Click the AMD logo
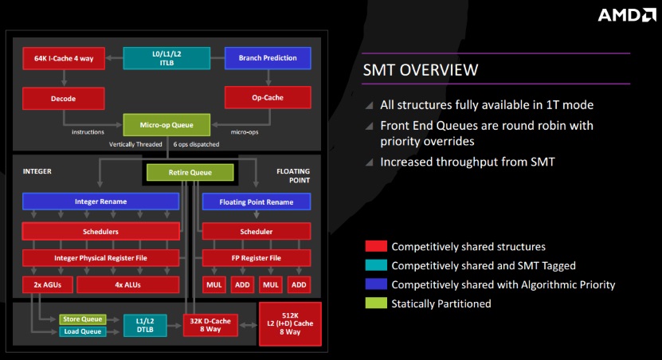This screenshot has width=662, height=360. coord(627,15)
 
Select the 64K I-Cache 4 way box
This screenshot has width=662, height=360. coord(64,58)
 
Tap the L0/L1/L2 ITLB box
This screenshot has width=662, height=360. coord(166,58)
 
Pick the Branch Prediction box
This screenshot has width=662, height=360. coord(268,58)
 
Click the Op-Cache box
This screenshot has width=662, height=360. coord(268,97)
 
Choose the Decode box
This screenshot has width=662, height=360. coord(63,99)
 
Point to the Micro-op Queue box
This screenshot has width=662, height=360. coord(166,125)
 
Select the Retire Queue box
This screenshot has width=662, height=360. coord(190,172)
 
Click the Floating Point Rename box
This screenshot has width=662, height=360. coord(257,202)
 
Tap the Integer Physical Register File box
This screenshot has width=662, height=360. coord(100,258)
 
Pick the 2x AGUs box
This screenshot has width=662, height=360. coord(48,285)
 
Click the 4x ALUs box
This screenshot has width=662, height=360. coord(128,285)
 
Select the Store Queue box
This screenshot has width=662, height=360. coord(83,319)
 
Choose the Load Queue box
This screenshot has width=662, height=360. coord(83,331)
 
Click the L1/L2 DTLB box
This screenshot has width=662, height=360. coord(145,326)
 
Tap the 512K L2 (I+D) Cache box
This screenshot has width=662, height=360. coord(290,323)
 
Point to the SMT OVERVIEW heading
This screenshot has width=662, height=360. coord(421,70)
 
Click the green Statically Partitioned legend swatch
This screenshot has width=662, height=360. coord(376,303)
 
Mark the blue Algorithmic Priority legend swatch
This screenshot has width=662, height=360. coord(376,284)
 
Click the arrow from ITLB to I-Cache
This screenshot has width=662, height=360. coord(114,58)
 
